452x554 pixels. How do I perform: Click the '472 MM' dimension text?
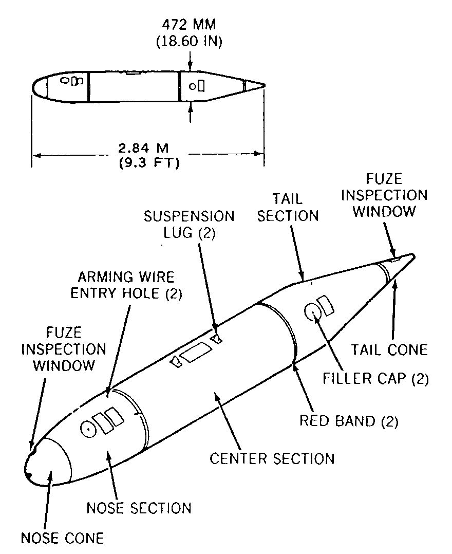pyautogui.click(x=189, y=25)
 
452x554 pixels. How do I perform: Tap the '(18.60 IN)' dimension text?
pyautogui.click(x=189, y=41)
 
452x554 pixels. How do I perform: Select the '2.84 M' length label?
pyautogui.click(x=143, y=147)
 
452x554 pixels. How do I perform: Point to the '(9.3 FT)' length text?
pyautogui.click(x=149, y=163)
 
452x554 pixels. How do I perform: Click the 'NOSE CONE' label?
pyautogui.click(x=63, y=538)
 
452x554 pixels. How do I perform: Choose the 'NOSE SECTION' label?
pyautogui.click(x=139, y=508)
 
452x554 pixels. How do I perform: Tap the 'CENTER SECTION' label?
pyautogui.click(x=272, y=458)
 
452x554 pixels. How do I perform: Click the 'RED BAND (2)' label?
pyautogui.click(x=349, y=421)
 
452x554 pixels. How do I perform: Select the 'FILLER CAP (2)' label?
pyautogui.click(x=376, y=378)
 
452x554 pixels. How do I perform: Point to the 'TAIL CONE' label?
pyautogui.click(x=389, y=350)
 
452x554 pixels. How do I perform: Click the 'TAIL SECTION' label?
pyautogui.click(x=288, y=208)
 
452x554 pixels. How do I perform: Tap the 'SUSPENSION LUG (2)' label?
pyautogui.click(x=189, y=225)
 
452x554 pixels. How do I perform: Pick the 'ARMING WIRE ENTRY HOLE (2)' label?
pyautogui.click(x=126, y=285)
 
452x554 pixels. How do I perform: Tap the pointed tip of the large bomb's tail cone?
pyautogui.click(x=414, y=255)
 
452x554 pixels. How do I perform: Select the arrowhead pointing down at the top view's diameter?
pyautogui.click(x=191, y=67)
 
